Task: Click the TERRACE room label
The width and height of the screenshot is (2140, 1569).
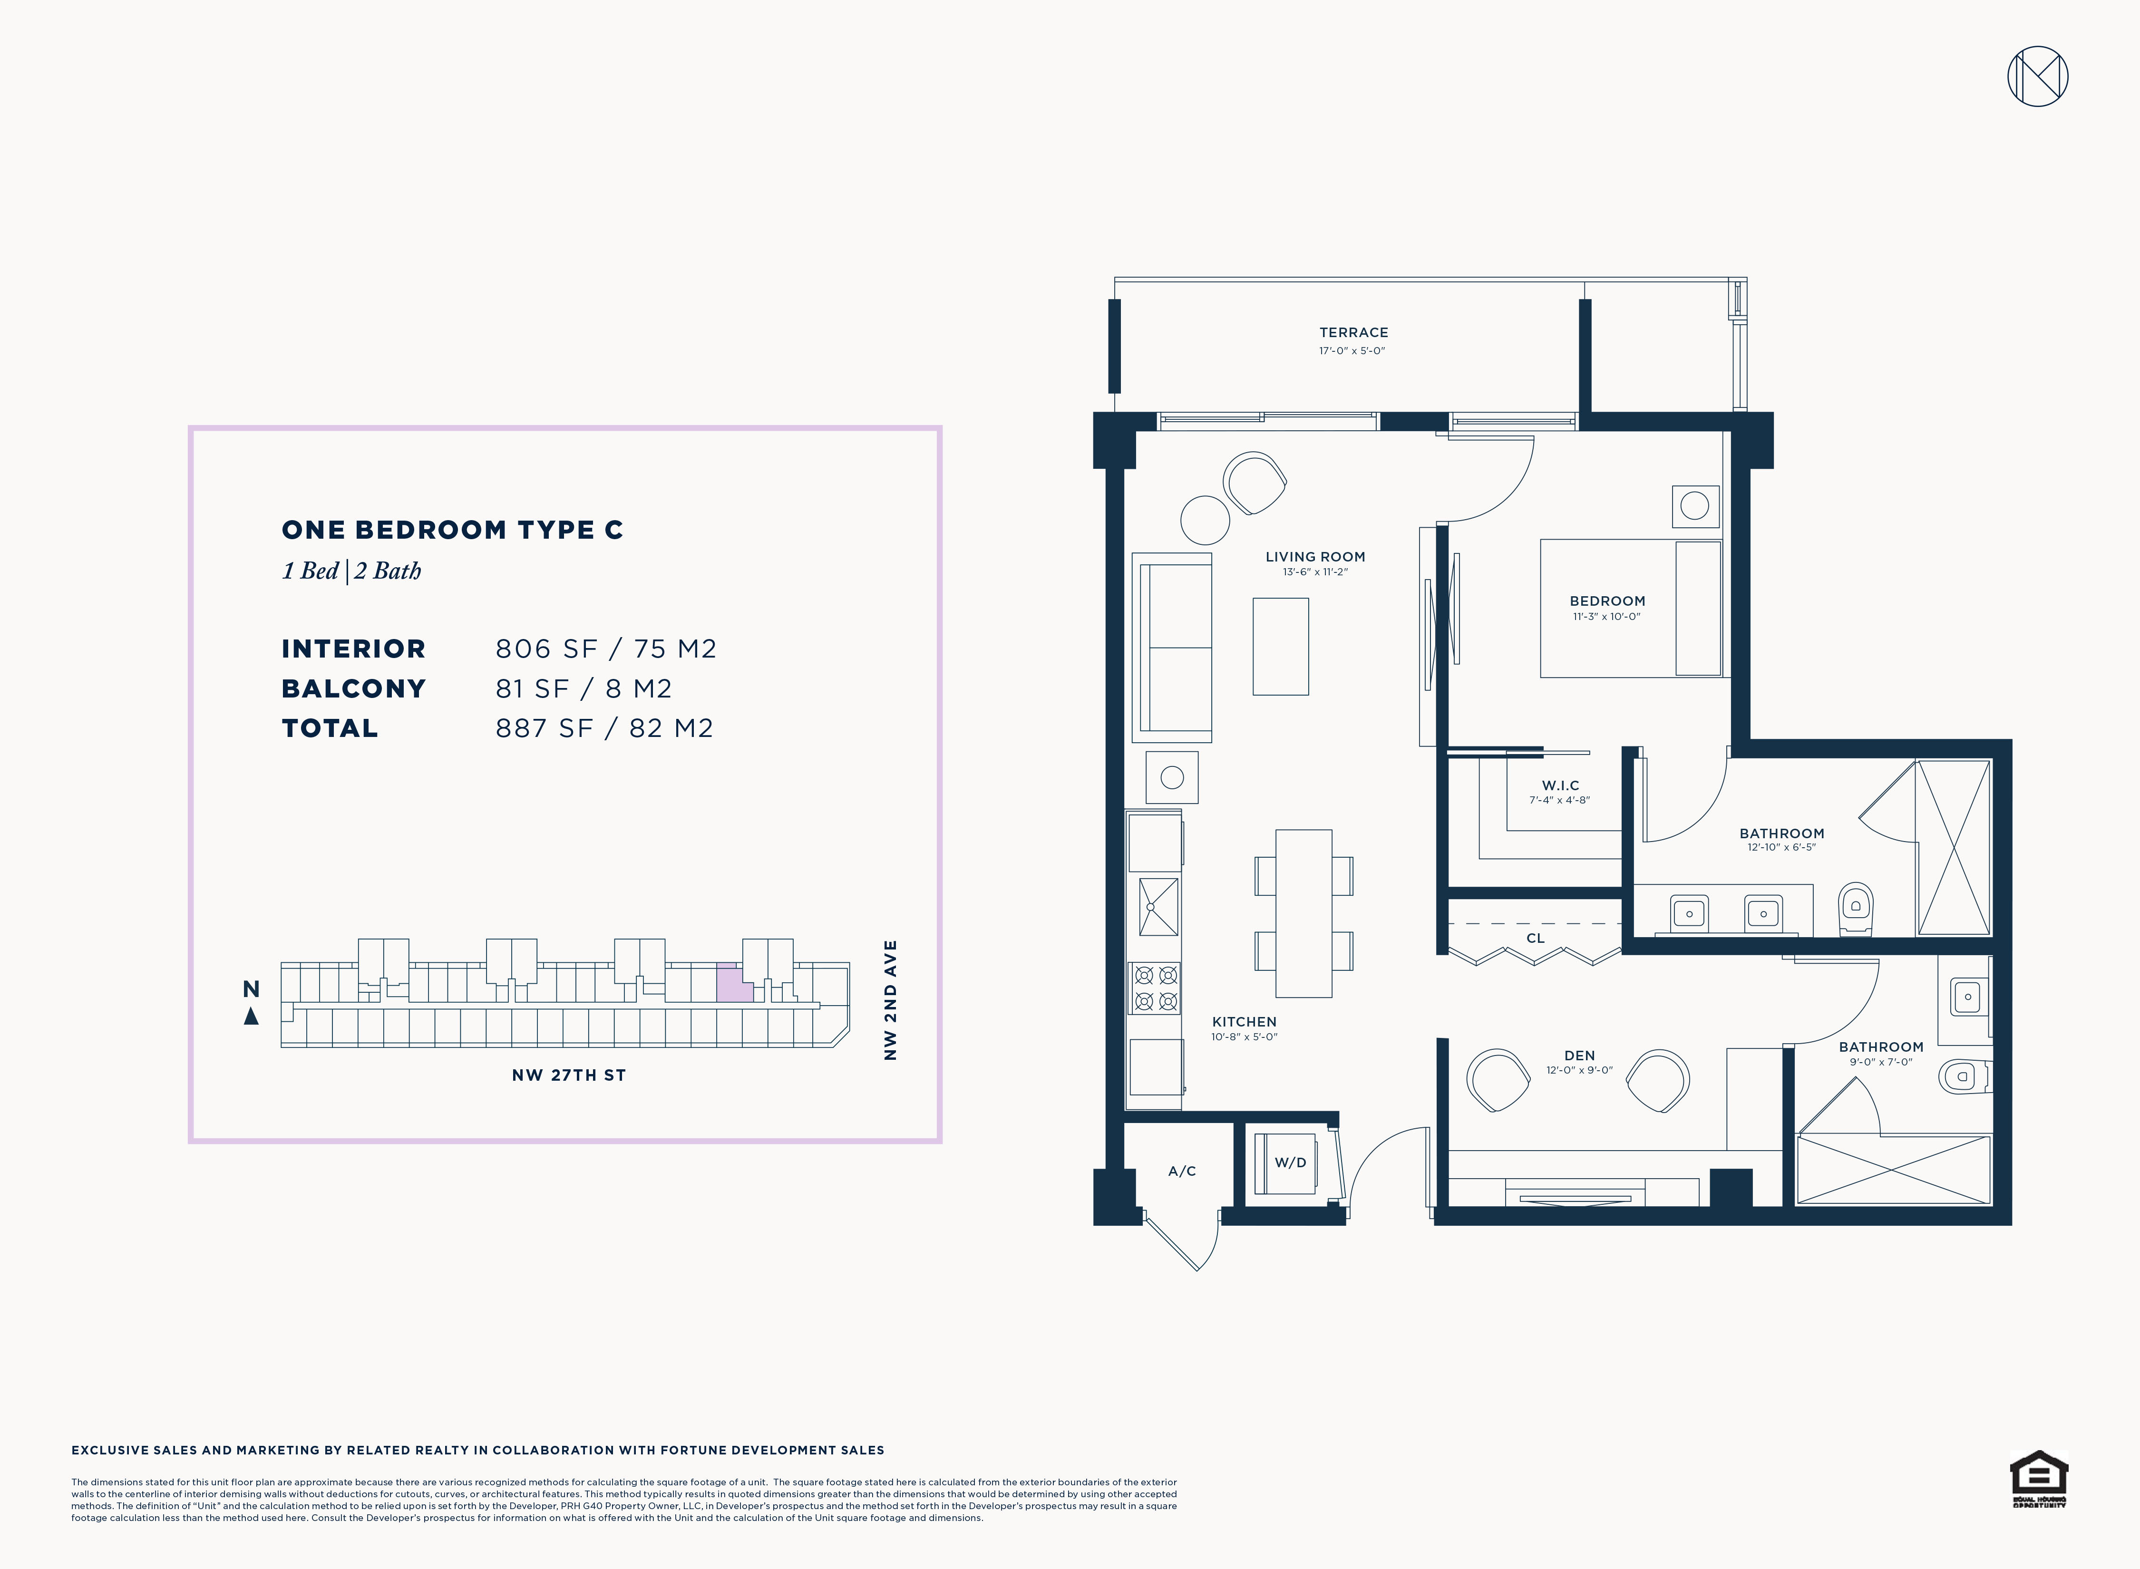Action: click(x=1353, y=332)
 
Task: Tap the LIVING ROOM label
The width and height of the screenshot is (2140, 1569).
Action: click(x=1315, y=557)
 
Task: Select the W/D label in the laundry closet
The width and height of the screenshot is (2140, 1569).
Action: click(x=1290, y=1162)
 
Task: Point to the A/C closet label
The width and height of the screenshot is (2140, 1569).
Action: click(x=1182, y=1171)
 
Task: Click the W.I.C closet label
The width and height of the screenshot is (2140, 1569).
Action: click(x=1561, y=785)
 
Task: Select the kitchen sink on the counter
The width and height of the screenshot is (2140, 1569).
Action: click(x=1159, y=907)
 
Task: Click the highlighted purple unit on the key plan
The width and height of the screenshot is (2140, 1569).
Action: click(x=733, y=983)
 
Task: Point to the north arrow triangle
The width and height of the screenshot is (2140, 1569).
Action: click(x=251, y=1016)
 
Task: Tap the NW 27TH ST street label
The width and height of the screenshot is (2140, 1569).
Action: click(x=569, y=1075)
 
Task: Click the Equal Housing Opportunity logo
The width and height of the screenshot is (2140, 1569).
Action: click(x=2038, y=1479)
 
